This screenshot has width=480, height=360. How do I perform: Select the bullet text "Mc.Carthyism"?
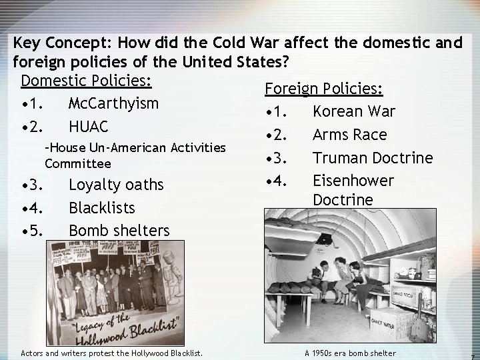coord(113,103)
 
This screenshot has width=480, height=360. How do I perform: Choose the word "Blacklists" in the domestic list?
coord(101,208)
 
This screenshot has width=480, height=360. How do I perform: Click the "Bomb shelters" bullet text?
coord(119,231)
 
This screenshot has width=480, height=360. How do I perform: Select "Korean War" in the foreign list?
coord(353,111)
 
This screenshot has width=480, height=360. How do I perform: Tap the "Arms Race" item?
coord(349,135)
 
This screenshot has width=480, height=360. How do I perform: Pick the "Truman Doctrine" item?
coord(372,158)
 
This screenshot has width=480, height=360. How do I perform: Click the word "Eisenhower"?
coord(353,181)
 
